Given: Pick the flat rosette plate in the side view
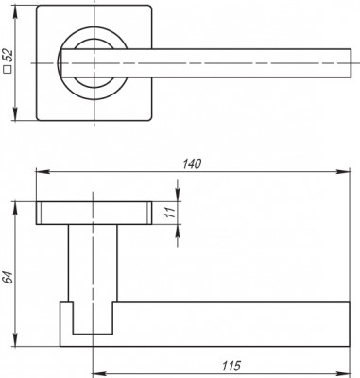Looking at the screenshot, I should point(94,215).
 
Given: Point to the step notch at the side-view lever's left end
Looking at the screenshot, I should point(65,308).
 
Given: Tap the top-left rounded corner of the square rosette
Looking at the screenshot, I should point(42,13).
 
